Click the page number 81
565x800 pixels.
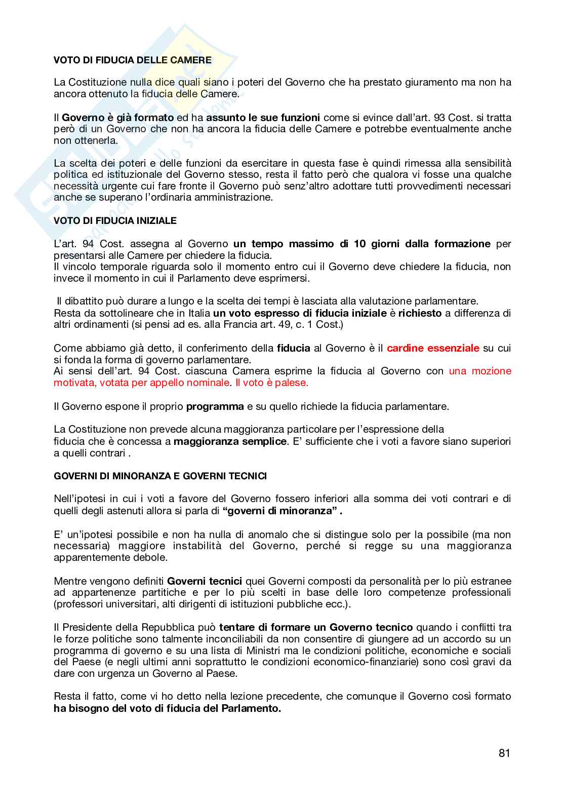click(504, 753)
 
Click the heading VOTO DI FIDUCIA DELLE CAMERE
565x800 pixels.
click(133, 60)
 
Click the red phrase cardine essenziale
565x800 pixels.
click(433, 348)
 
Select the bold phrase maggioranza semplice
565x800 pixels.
click(230, 441)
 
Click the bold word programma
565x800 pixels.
click(215, 406)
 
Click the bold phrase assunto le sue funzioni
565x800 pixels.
click(263, 118)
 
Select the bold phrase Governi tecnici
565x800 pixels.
click(205, 581)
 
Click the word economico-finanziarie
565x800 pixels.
click(361, 662)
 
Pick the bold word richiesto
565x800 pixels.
click(420, 313)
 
